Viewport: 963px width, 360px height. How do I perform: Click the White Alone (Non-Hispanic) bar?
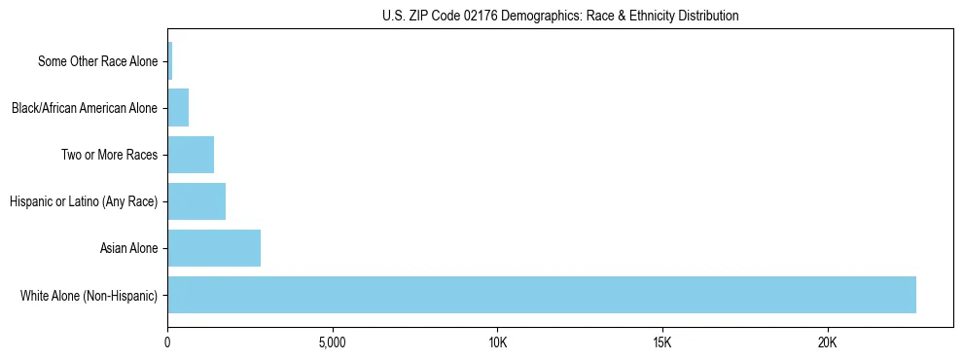(541, 295)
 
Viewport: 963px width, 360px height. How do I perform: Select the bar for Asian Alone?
(214, 248)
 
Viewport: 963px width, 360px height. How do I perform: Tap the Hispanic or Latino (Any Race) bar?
(196, 201)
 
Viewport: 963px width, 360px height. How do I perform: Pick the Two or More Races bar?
(191, 155)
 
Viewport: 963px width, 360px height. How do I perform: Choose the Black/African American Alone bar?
(178, 108)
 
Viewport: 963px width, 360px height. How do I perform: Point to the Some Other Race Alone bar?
(170, 61)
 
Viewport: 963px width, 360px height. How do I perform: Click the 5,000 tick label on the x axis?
(333, 342)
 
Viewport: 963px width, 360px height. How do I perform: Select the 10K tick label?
(497, 342)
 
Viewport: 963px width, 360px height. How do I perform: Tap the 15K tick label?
(662, 342)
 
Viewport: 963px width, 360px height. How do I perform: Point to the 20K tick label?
(827, 342)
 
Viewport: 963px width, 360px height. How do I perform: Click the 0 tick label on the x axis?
(167, 342)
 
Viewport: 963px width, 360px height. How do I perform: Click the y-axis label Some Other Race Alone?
(97, 61)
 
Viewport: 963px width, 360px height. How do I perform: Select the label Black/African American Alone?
(84, 108)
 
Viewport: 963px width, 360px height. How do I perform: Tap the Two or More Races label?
(109, 155)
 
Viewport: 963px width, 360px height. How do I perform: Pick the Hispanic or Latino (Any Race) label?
(83, 201)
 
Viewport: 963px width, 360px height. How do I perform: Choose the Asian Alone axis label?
(128, 248)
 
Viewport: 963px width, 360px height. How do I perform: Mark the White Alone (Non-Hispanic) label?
(89, 295)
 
